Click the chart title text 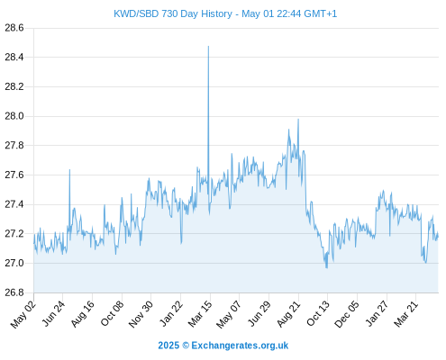(x=225, y=13)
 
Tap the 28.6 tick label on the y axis (x=14, y=28)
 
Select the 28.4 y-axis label (x=14, y=57)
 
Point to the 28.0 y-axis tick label (x=14, y=116)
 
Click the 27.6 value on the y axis (x=14, y=175)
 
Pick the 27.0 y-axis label (x=14, y=263)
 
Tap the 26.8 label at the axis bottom (x=14, y=292)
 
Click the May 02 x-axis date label (x=23, y=314)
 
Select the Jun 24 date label (x=52, y=314)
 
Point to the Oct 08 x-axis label (x=112, y=314)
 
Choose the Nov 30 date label (x=141, y=314)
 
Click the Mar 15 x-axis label (x=200, y=314)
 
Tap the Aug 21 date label (x=288, y=314)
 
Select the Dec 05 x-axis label (x=347, y=314)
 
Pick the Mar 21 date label (x=405, y=314)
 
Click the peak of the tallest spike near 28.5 (x=208, y=46)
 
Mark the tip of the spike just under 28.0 (x=298, y=119)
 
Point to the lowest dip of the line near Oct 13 (x=326, y=267)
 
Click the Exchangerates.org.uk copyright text (x=223, y=346)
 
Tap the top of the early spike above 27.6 (x=69, y=170)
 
